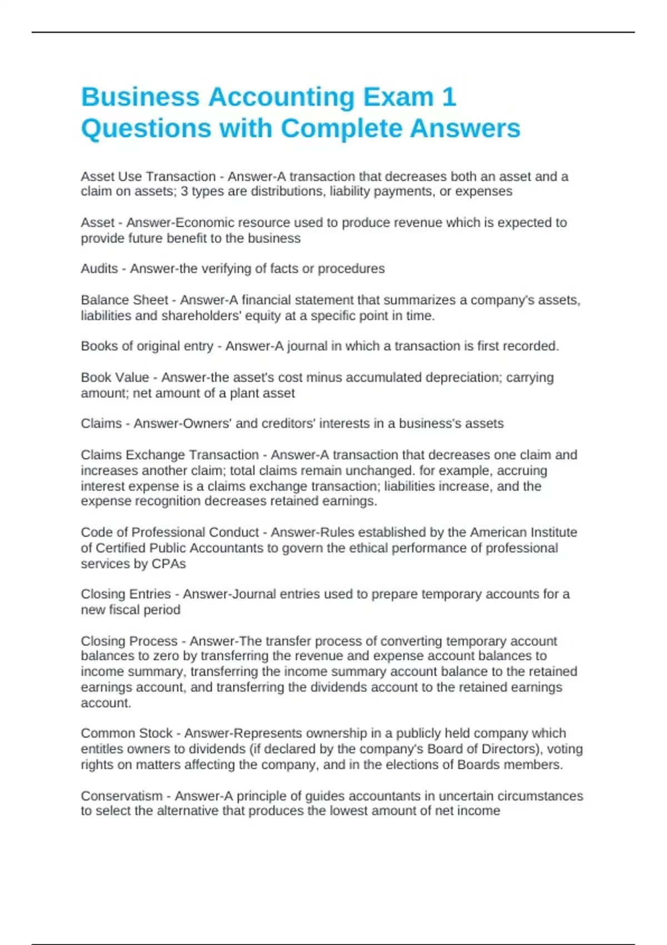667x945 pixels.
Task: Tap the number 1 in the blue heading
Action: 449,97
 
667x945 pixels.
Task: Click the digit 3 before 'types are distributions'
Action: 185,191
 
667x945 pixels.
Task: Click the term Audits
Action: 99,268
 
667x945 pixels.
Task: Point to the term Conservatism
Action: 121,796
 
